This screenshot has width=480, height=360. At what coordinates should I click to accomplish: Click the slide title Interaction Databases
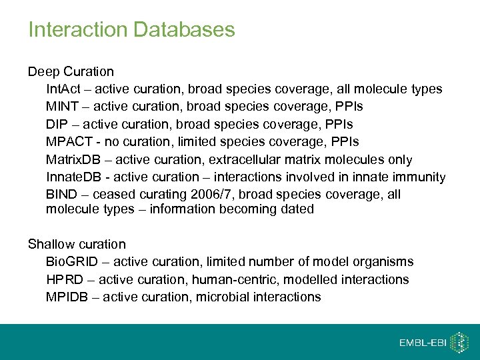131,30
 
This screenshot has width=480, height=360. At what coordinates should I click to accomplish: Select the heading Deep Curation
71,71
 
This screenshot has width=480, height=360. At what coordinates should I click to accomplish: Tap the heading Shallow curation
77,244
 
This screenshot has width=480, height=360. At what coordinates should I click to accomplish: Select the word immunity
419,177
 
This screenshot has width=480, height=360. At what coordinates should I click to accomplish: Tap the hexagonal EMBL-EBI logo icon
459,343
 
